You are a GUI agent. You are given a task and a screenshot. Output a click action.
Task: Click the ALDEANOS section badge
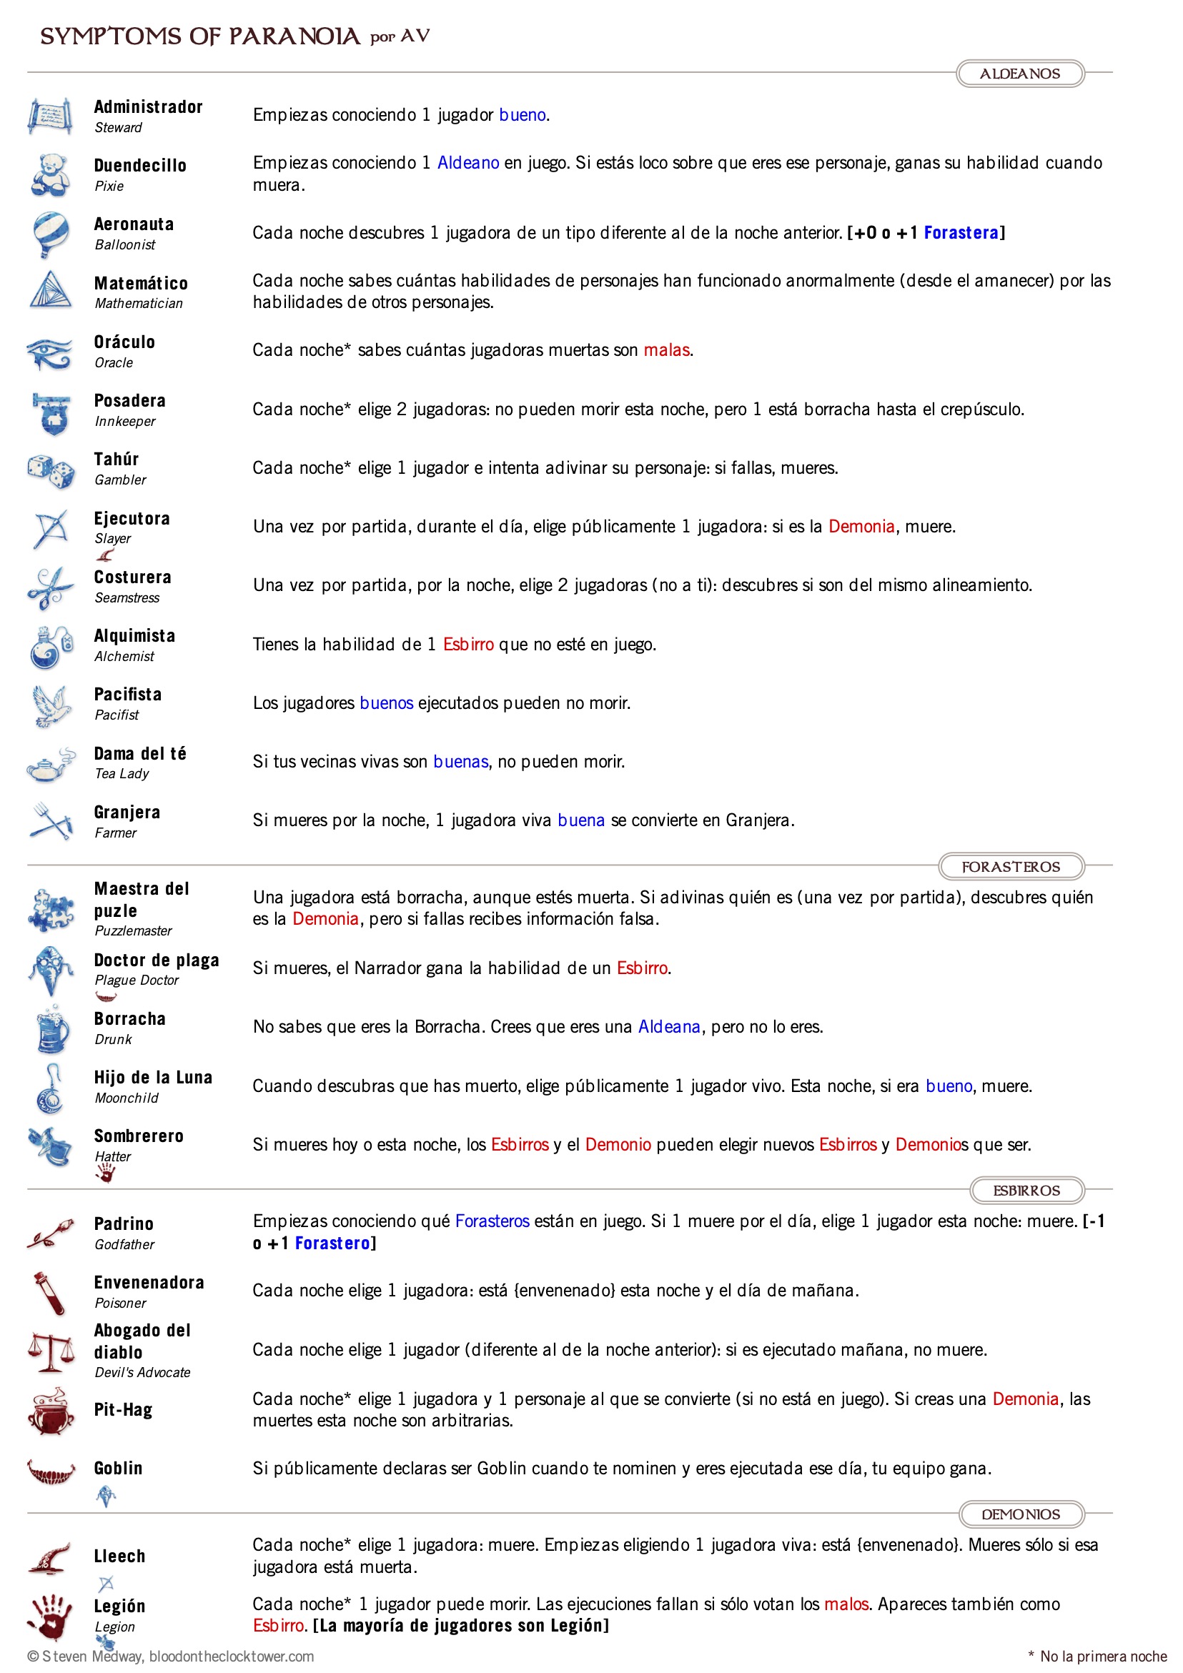click(x=1019, y=74)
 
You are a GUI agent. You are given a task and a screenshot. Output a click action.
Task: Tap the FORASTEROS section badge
click(x=1010, y=866)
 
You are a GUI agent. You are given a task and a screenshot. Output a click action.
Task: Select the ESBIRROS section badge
click(x=1026, y=1190)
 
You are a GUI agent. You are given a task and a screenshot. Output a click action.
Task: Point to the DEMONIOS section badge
click(x=1021, y=1514)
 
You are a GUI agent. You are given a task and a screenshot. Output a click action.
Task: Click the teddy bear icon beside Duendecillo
click(x=50, y=175)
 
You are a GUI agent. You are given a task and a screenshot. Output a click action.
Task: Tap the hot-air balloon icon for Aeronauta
click(x=50, y=234)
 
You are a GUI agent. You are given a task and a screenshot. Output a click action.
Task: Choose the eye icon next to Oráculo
click(x=49, y=352)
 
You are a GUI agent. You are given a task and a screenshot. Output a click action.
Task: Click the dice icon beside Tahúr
click(x=50, y=471)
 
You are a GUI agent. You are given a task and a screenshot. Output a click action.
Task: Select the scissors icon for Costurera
click(x=49, y=588)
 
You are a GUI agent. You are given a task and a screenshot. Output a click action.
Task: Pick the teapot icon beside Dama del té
click(x=50, y=765)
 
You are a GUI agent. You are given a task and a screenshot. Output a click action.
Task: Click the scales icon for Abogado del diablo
click(x=50, y=1351)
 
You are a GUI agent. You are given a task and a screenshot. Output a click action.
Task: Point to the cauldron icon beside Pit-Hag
click(x=50, y=1411)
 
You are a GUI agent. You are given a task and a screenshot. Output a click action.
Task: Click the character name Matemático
click(x=141, y=284)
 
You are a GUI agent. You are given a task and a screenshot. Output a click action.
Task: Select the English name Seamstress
click(x=127, y=597)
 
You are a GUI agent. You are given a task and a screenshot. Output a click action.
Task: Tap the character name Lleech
click(x=119, y=1557)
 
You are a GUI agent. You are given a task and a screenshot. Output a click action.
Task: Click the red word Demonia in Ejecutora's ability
click(x=861, y=526)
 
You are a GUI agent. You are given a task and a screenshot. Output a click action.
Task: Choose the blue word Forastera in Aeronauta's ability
click(x=961, y=232)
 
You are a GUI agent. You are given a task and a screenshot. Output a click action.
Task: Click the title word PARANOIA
click(x=294, y=36)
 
